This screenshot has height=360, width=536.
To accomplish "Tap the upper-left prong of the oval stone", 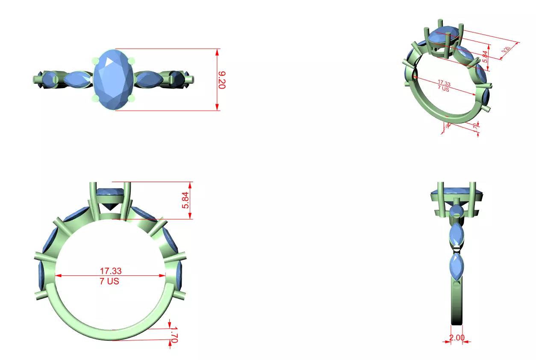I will click(x=95, y=61).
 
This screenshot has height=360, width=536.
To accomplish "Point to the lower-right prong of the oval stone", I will click(x=132, y=99).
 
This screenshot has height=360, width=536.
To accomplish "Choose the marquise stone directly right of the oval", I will click(x=147, y=80).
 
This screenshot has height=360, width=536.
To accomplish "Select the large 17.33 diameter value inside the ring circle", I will click(x=110, y=271).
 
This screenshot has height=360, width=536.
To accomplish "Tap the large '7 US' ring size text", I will click(x=110, y=281).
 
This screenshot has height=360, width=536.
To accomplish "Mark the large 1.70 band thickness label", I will click(x=174, y=334).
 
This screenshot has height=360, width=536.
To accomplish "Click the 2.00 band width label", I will click(x=456, y=338).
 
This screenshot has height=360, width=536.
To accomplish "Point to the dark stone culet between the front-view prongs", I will click(x=112, y=206).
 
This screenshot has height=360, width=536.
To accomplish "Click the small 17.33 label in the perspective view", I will click(x=444, y=83).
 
